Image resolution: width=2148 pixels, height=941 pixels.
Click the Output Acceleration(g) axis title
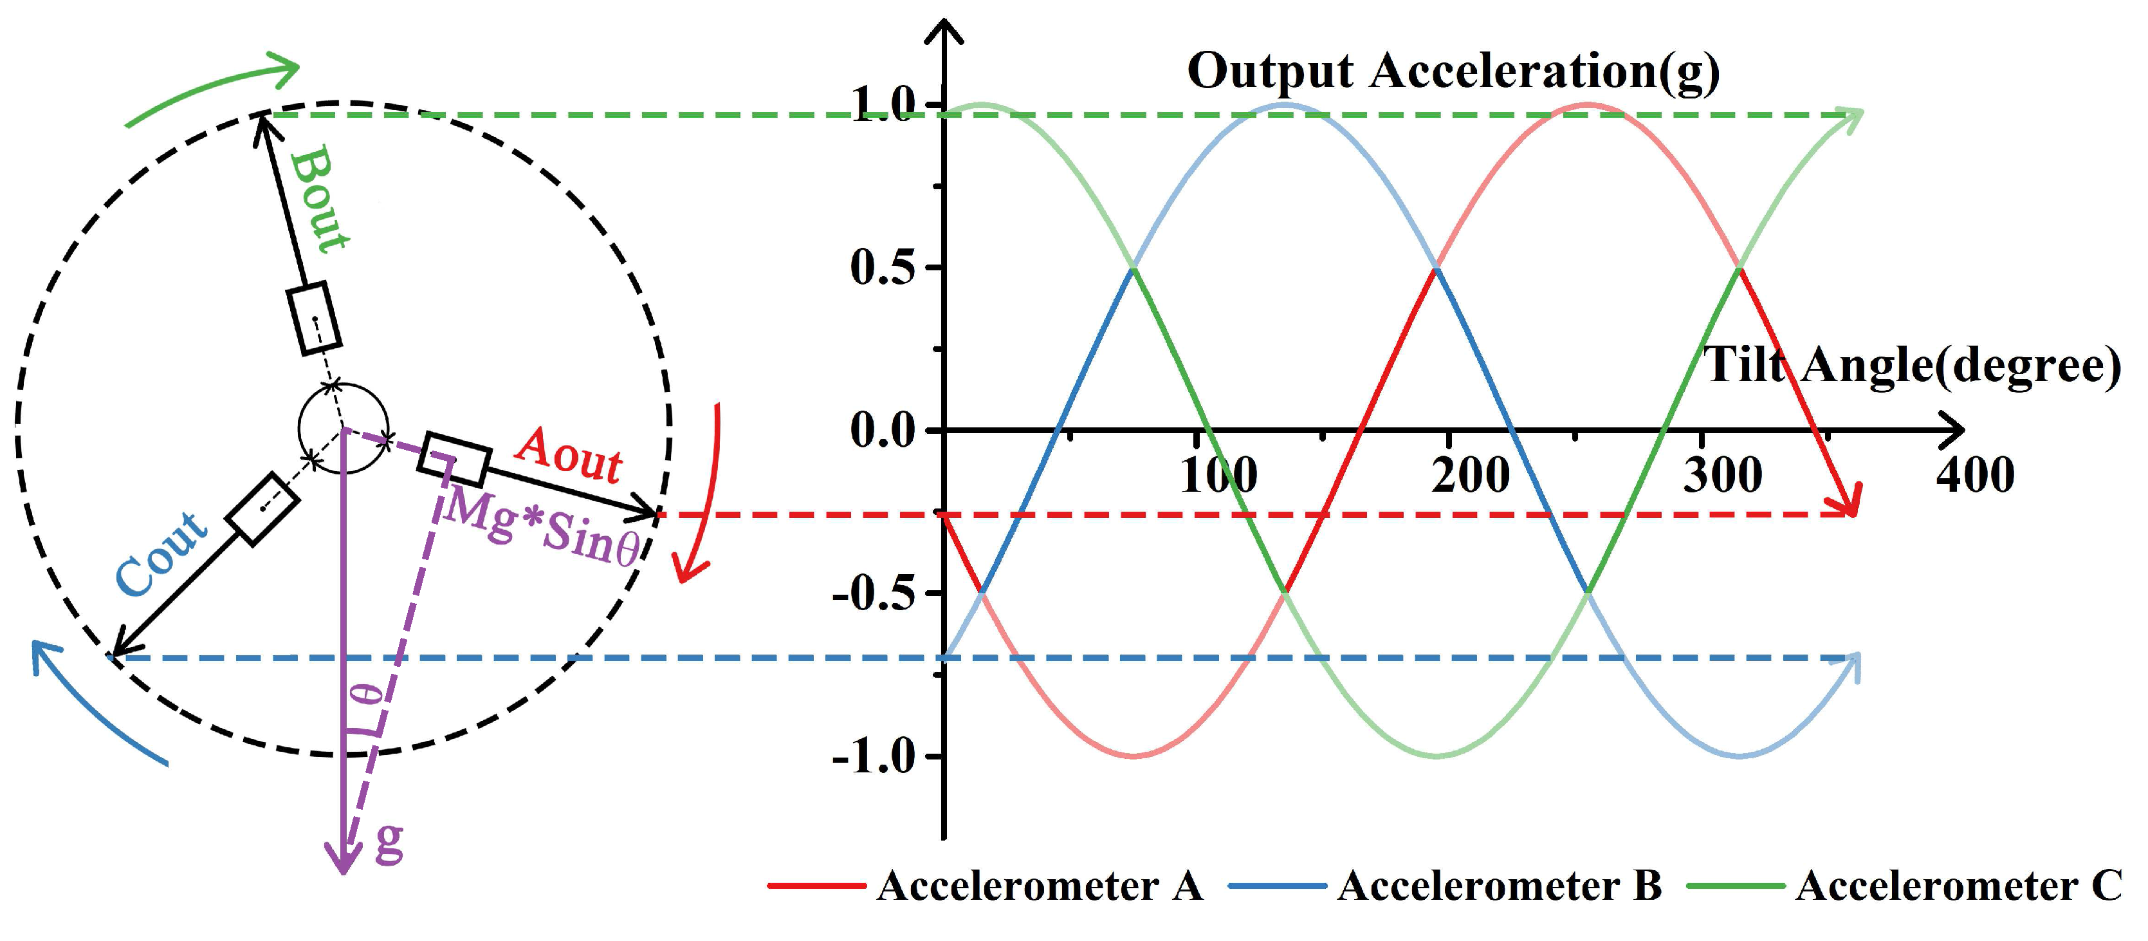click(x=1453, y=71)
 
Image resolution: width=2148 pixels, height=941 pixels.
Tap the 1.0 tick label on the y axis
click(x=884, y=106)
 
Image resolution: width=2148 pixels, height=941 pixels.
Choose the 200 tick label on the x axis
click(x=1471, y=476)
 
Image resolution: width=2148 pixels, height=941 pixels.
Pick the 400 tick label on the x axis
click(x=1974, y=476)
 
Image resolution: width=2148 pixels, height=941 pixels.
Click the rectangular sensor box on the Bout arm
click(x=315, y=318)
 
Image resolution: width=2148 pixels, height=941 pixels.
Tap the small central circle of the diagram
click(x=344, y=429)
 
